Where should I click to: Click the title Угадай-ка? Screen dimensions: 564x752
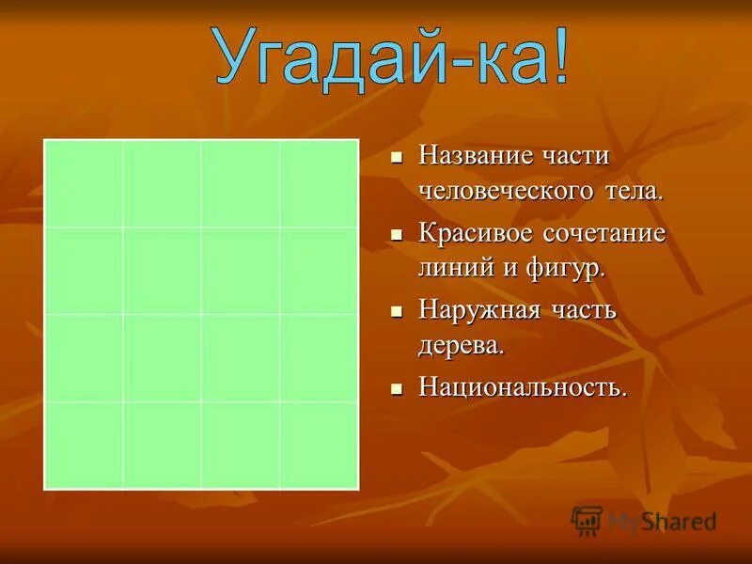pyautogui.click(x=390, y=58)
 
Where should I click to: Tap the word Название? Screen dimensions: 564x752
pyautogui.click(x=475, y=154)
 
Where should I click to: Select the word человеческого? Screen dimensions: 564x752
pyautogui.click(x=505, y=191)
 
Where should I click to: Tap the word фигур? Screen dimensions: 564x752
pyautogui.click(x=570, y=268)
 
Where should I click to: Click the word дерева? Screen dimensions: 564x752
pyautogui.click(x=462, y=345)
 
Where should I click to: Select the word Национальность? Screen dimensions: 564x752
pyautogui.click(x=523, y=386)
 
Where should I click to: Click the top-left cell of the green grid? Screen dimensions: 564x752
pyautogui.click(x=84, y=183)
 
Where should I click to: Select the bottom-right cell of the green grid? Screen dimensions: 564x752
pyautogui.click(x=319, y=445)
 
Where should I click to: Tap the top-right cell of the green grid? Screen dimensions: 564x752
pyautogui.click(x=319, y=183)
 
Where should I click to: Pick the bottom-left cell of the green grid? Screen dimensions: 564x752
pyautogui.click(x=84, y=445)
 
